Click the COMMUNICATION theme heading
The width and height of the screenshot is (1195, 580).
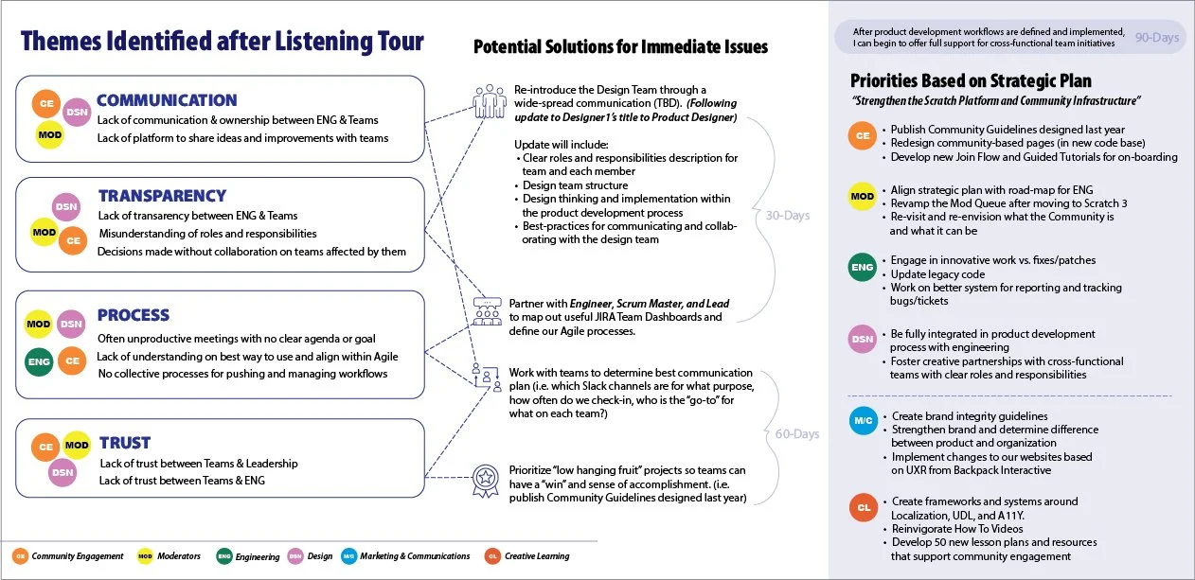tap(167, 100)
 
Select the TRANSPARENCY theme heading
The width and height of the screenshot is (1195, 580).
tap(162, 196)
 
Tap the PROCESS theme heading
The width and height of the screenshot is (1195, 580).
tap(134, 315)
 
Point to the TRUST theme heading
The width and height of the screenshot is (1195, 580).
tap(125, 443)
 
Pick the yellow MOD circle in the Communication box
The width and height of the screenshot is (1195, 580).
tap(48, 134)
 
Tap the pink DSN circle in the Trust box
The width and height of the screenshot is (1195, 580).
tap(62, 471)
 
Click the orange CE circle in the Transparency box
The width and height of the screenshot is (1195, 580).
tap(73, 241)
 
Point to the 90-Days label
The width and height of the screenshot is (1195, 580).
tap(1155, 37)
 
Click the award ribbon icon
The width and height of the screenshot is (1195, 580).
tap(486, 480)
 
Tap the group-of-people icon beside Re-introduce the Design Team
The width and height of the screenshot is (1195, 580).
tap(490, 99)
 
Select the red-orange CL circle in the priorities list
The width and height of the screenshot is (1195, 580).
tap(862, 507)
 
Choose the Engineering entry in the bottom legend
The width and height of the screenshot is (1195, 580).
tap(248, 556)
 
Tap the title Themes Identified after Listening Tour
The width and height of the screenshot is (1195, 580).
tap(223, 42)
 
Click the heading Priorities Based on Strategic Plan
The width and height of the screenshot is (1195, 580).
tap(971, 80)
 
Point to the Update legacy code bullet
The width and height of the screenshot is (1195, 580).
tap(937, 274)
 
